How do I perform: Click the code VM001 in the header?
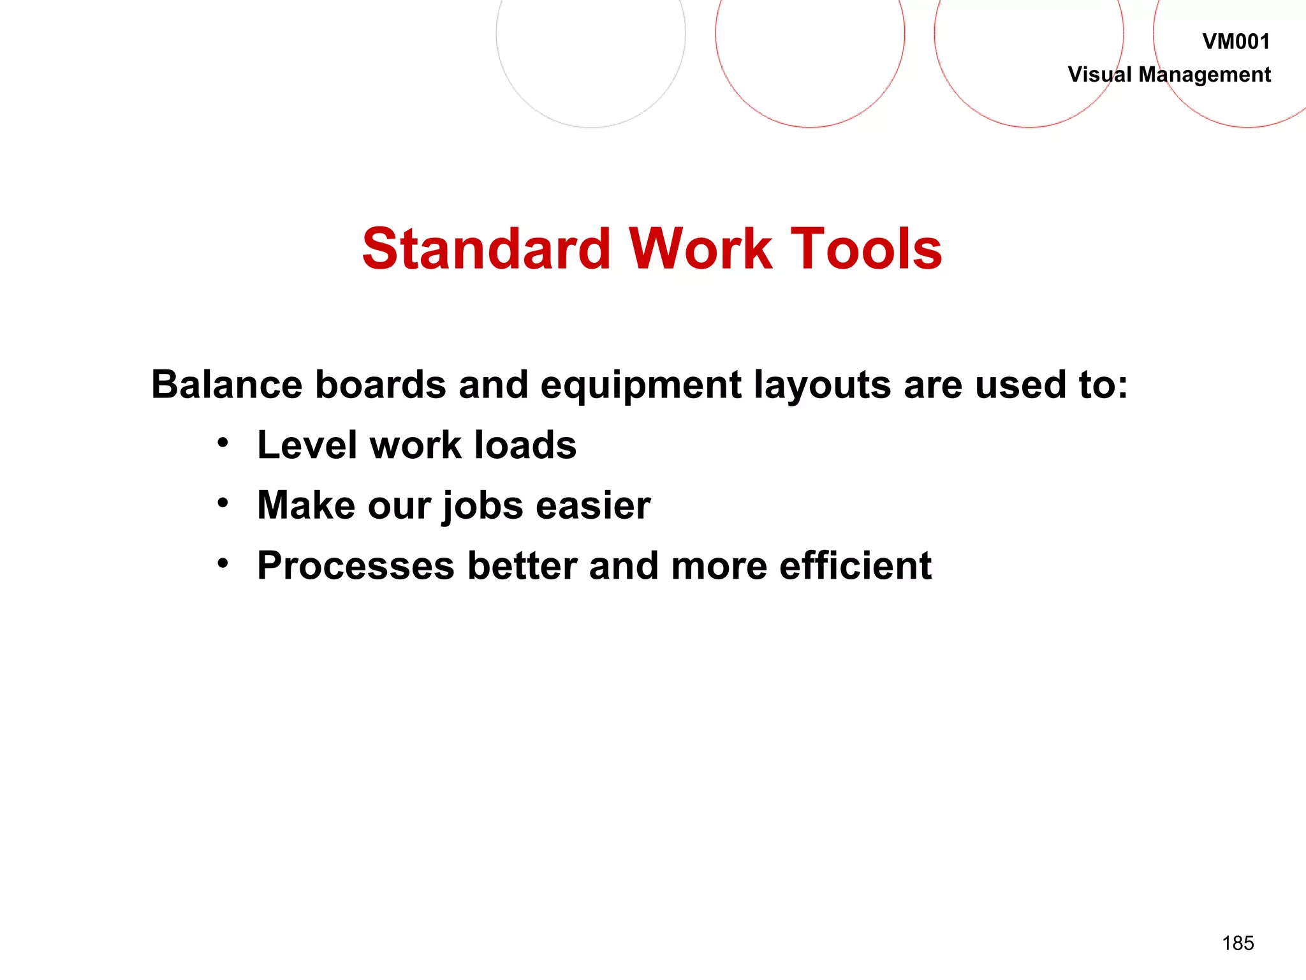tap(1235, 42)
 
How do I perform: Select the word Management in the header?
tap(1204, 75)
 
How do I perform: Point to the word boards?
tap(380, 385)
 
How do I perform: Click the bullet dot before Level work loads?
tap(222, 443)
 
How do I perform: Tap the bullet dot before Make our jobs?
tap(222, 503)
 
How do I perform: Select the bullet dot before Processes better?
tap(222, 563)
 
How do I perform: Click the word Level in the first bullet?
tap(307, 445)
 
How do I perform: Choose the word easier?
tap(592, 505)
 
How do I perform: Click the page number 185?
tap(1237, 943)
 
